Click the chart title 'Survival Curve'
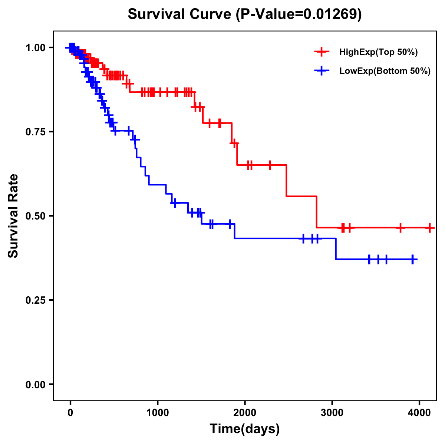coord(180,14)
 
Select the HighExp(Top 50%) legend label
coord(378,52)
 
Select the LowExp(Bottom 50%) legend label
coord(385,71)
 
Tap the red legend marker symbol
coord(322,52)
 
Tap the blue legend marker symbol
coord(322,71)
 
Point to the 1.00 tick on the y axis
coord(35,47)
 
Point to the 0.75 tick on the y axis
coord(35,132)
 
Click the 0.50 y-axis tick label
coord(35,216)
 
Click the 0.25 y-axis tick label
coord(35,300)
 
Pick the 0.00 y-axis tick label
coord(35,384)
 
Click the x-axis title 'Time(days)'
coord(245,429)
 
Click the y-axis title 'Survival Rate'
coord(13,215)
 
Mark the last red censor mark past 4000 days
coord(429,228)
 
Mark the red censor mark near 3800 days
coord(400,228)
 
